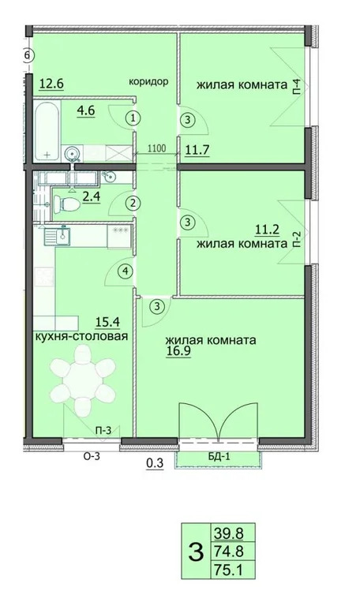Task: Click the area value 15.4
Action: [107, 321]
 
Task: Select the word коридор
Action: [150, 80]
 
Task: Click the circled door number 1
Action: [134, 119]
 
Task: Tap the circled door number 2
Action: [133, 204]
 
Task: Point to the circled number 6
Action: [28, 56]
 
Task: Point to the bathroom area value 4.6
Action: [85, 111]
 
